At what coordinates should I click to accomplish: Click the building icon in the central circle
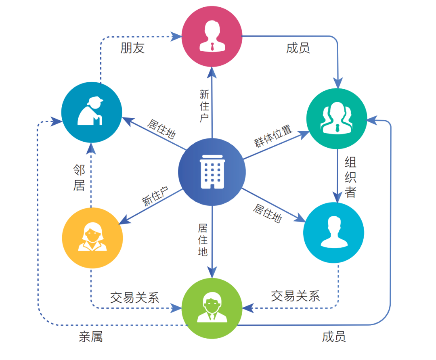(x=212, y=172)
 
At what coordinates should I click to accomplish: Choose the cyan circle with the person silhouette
(x=333, y=232)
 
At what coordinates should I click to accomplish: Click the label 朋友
(x=132, y=48)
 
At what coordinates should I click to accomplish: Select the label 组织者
(x=350, y=178)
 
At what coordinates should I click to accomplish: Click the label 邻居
(x=79, y=178)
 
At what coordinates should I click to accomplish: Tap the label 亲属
(x=91, y=337)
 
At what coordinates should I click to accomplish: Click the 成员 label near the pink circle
(x=298, y=48)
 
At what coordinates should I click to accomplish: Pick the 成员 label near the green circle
(x=334, y=337)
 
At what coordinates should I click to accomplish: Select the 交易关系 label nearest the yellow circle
(x=134, y=297)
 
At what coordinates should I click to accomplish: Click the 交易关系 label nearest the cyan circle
(x=296, y=296)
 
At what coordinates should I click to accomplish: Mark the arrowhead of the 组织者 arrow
(x=337, y=197)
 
